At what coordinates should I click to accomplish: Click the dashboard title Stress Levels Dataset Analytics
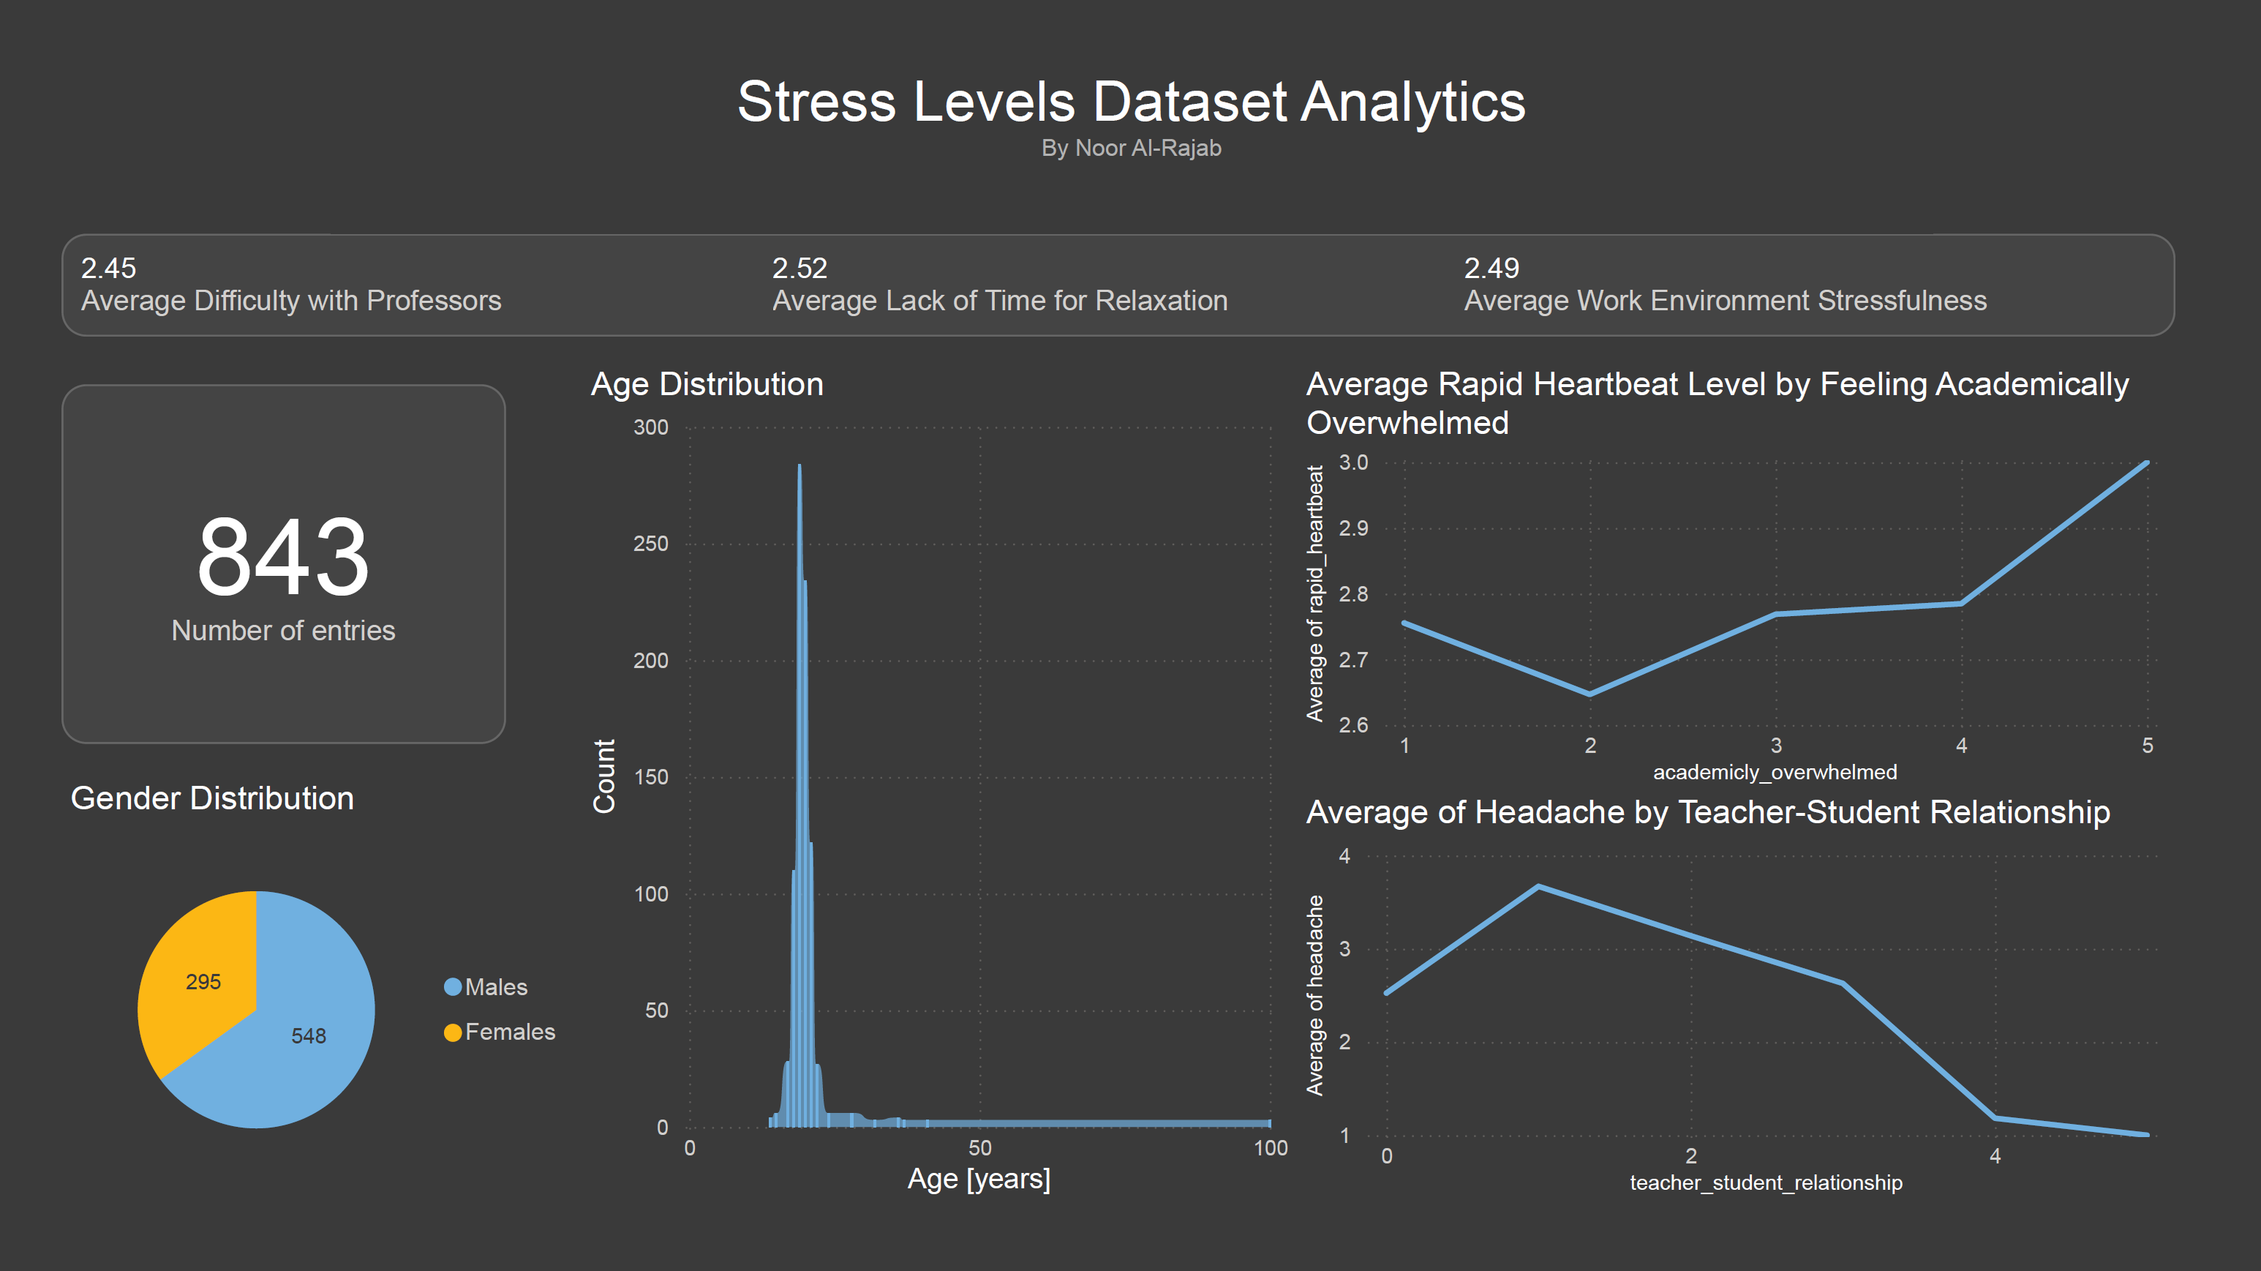pos(1131,102)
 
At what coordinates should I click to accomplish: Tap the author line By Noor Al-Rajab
pos(1131,149)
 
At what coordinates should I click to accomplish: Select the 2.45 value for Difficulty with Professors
pos(108,268)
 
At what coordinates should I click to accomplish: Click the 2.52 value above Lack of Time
pos(799,268)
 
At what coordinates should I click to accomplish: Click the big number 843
pos(282,557)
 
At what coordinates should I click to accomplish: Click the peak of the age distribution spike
pos(799,467)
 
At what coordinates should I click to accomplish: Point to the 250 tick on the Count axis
pos(650,544)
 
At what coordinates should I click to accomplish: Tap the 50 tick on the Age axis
pos(979,1147)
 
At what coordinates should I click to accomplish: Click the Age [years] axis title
pos(979,1178)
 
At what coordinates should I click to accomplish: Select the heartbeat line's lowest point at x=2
pos(1590,694)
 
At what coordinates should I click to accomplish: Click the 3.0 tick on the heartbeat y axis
pos(1353,462)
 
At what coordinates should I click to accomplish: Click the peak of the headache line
pos(1538,887)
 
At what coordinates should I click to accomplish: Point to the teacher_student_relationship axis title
pos(1766,1182)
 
